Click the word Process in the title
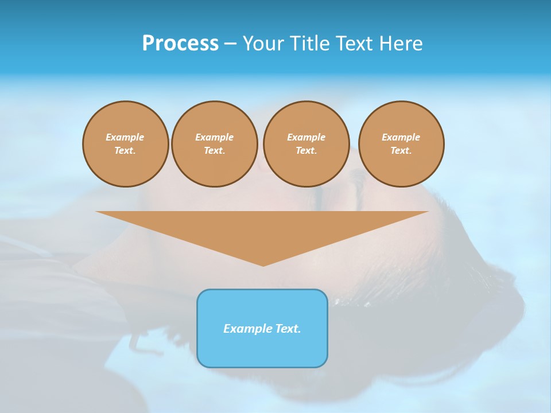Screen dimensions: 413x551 pyautogui.click(x=180, y=44)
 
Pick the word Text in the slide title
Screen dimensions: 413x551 pyautogui.click(x=356, y=44)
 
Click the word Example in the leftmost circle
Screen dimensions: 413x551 pyautogui.click(x=125, y=137)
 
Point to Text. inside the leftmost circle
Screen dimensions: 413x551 pyautogui.click(x=125, y=151)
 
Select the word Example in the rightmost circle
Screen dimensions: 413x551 pyautogui.click(x=401, y=137)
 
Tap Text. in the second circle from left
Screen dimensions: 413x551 pyautogui.click(x=215, y=151)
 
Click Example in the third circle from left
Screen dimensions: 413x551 pyautogui.click(x=306, y=137)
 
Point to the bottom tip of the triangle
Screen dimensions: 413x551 pyautogui.click(x=263, y=265)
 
